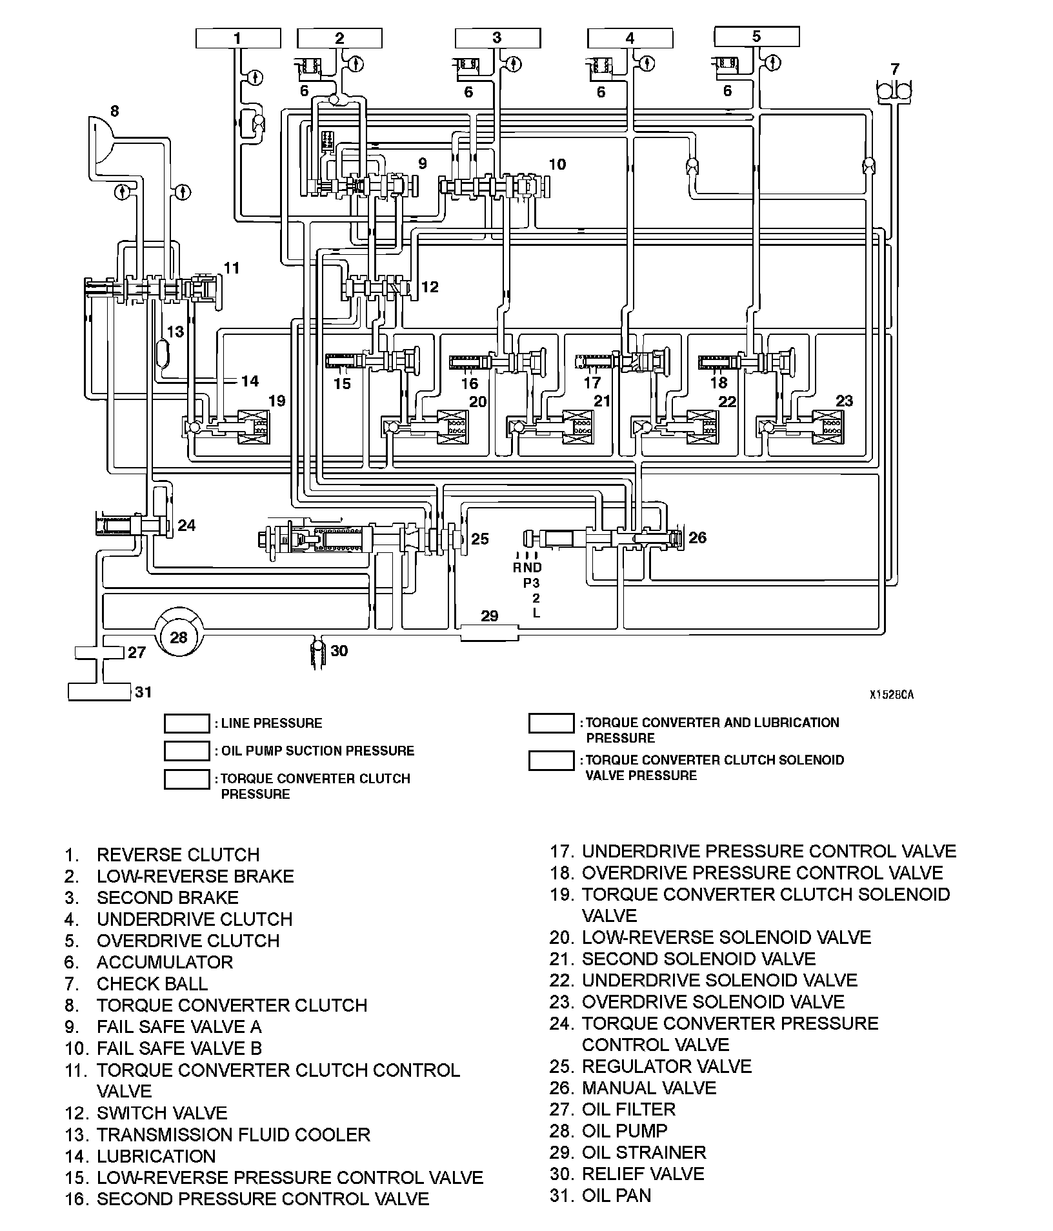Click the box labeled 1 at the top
pos(237,39)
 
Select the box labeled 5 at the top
pos(756,37)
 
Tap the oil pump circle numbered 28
pos(179,637)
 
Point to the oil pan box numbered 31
pos(99,692)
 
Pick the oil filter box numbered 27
pos(99,653)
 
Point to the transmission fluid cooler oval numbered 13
pos(164,354)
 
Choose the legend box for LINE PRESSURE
pos(186,724)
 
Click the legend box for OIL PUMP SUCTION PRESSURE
pos(186,751)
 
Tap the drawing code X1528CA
pos(891,695)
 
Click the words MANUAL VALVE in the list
pos(649,1088)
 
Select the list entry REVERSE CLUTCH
pos(178,854)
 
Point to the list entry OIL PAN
pos(617,1195)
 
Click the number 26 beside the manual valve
pos(697,537)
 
